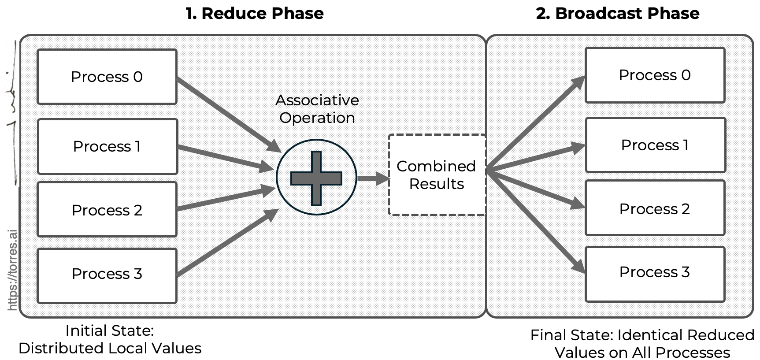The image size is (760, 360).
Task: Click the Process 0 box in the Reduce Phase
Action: pos(107,77)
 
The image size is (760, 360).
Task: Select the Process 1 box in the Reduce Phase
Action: pos(108,146)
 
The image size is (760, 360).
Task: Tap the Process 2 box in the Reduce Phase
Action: pos(107,210)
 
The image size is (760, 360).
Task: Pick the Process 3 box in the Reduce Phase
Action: pos(107,275)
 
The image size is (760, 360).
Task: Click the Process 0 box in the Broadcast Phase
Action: pos(655,75)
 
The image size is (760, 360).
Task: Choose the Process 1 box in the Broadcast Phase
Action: pos(655,145)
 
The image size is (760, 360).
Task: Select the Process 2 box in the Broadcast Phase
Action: pos(655,208)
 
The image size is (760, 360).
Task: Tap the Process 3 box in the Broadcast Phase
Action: pos(655,274)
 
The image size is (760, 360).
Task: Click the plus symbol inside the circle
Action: pos(316,178)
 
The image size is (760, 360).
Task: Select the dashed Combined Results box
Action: pos(437,175)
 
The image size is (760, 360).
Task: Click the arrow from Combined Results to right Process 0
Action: pos(535,123)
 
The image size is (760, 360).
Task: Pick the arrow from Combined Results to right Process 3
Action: pos(535,220)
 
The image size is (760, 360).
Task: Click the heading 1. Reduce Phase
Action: pos(255,13)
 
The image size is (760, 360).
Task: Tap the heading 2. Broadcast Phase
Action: pos(617,13)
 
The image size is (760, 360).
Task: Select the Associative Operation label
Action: pos(317,109)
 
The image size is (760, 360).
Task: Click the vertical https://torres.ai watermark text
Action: pos(13,270)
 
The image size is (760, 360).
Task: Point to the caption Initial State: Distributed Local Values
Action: pos(110,339)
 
